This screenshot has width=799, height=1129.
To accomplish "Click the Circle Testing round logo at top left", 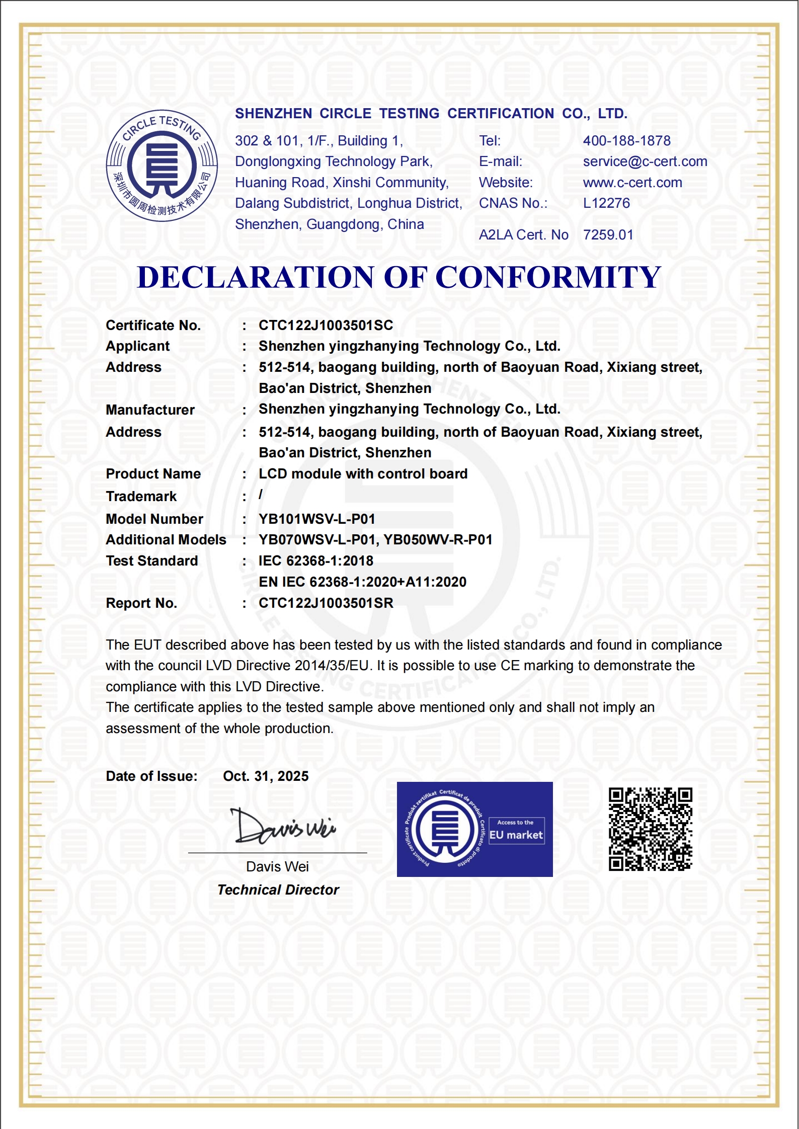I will pyautogui.click(x=162, y=166).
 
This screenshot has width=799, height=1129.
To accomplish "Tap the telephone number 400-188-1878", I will pyautogui.click(x=626, y=141).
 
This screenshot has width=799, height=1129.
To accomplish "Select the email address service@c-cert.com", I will pyautogui.click(x=645, y=162).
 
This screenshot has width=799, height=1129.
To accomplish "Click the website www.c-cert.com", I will pyautogui.click(x=632, y=183).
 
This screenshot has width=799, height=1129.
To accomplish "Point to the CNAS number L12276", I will pyautogui.click(x=606, y=203).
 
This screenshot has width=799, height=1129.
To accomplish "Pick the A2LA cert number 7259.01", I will pyautogui.click(x=608, y=235).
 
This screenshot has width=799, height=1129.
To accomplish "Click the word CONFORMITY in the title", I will pyautogui.click(x=547, y=277).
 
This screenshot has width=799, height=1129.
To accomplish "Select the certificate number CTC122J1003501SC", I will pyautogui.click(x=326, y=326).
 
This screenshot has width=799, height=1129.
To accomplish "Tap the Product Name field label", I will pyautogui.click(x=153, y=474).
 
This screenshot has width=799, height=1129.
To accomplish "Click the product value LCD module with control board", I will pyautogui.click(x=363, y=474).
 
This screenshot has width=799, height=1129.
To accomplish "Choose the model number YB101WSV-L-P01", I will pyautogui.click(x=316, y=519).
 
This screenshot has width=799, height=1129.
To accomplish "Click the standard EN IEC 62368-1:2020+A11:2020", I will pyautogui.click(x=362, y=582).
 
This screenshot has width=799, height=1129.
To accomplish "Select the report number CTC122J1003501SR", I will pyautogui.click(x=326, y=603).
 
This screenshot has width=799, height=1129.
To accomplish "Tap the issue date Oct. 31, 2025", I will pyautogui.click(x=266, y=776).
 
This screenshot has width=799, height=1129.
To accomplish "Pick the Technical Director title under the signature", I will pyautogui.click(x=278, y=890).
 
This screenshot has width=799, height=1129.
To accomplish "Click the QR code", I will pyautogui.click(x=650, y=829).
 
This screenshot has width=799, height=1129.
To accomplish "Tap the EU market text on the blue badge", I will pyautogui.click(x=516, y=835).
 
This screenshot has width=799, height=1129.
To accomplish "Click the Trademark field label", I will pyautogui.click(x=141, y=497).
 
